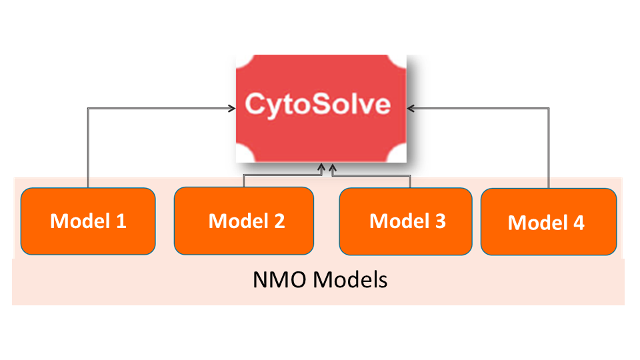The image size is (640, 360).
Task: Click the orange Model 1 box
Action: click(88, 221)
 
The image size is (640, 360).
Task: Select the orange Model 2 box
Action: click(244, 221)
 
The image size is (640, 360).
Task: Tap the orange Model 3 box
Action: click(407, 221)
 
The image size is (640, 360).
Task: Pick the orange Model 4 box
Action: click(548, 222)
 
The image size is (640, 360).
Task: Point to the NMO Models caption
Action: click(320, 280)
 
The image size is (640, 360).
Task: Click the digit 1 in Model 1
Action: click(121, 221)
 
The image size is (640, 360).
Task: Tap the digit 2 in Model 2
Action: click(279, 221)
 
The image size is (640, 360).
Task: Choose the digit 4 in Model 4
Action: click(579, 223)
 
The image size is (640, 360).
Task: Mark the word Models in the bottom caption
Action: click(351, 280)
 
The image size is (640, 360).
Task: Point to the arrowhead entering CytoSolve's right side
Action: click(411, 106)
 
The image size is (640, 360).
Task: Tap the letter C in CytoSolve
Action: click(254, 105)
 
